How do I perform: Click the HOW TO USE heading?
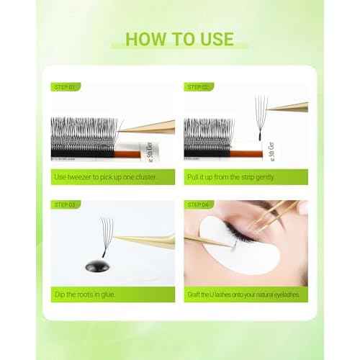point(179,37)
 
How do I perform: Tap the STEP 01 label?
point(64,87)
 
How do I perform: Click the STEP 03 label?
point(64,204)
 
